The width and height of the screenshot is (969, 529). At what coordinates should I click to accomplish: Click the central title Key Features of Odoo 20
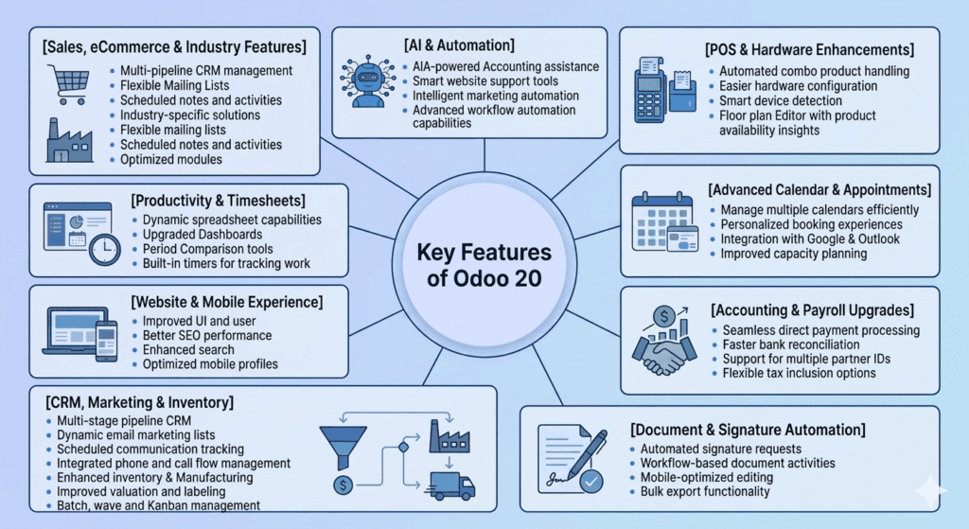click(484, 266)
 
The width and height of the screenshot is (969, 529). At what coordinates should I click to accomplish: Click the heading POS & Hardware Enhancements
click(809, 49)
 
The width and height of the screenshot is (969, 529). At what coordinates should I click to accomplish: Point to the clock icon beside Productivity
click(104, 249)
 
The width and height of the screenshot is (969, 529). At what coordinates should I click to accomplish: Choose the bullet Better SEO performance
click(206, 335)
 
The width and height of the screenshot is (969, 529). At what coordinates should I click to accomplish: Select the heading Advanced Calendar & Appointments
click(819, 190)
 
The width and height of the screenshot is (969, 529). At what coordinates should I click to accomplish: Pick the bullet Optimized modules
click(171, 160)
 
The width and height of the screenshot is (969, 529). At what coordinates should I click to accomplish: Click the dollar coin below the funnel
click(340, 485)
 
